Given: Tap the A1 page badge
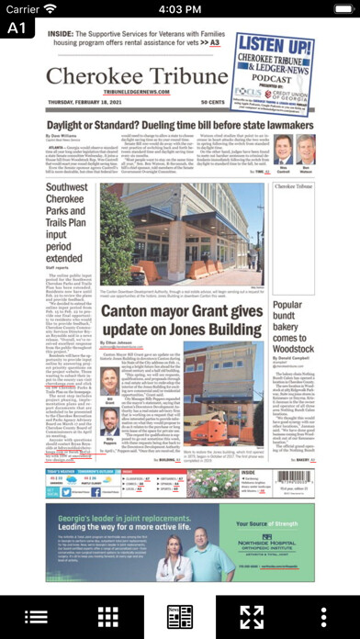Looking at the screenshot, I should coord(15,28).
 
